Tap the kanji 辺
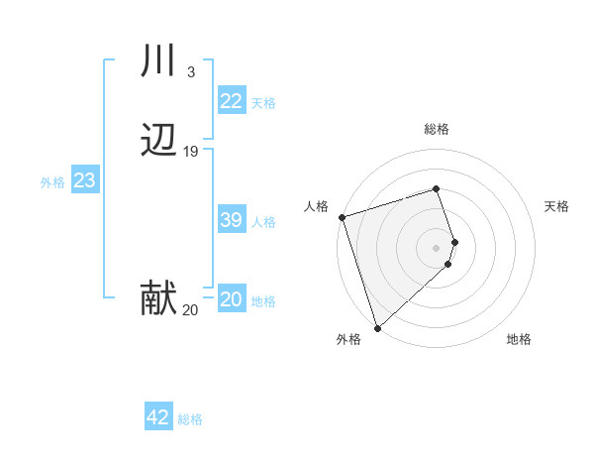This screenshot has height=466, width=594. pos(158,142)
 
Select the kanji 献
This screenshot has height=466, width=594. pos(158,298)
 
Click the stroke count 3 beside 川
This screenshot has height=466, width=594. pos(190,71)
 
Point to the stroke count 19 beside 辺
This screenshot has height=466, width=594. pos(191,152)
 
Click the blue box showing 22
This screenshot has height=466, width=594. pos(231,101)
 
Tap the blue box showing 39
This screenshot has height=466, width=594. pos(231,220)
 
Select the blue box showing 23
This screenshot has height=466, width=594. pos(84,180)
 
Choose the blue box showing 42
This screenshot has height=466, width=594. pos(158,417)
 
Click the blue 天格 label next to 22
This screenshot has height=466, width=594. pos(263,103)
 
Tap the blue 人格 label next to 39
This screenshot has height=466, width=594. pos(263,222)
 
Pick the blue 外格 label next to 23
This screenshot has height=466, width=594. pos(52,182)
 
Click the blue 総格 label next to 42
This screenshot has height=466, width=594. pos(190,419)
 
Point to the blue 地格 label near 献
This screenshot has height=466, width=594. pos(263,301)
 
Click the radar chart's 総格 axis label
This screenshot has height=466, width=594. pos(437,129)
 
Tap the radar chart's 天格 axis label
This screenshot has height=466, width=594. pos(557,206)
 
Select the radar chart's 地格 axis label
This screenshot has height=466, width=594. pos(519,339)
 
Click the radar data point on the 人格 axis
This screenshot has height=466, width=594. pos(342,216)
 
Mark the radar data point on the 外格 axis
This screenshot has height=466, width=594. pos(376,327)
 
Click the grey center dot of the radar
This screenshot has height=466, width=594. pos(437,247)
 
